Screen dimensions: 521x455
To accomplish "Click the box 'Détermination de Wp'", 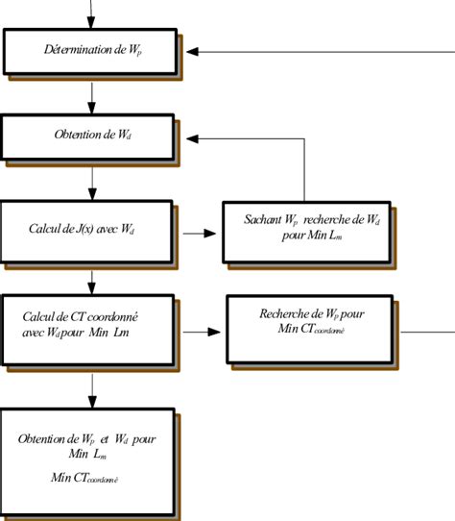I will (91, 50).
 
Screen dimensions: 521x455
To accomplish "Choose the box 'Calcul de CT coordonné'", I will (91, 326).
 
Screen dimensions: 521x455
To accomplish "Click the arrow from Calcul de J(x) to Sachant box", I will (200, 233).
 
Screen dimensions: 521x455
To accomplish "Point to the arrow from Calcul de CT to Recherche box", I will (203, 332).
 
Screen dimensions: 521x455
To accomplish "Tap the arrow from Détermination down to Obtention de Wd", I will (92, 96).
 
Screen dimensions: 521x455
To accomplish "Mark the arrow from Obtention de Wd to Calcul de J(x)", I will (92, 180).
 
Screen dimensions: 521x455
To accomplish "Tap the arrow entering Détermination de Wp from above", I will (92, 14).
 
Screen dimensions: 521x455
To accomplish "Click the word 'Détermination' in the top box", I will (70, 49).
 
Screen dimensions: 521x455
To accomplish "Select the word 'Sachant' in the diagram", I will (267, 220).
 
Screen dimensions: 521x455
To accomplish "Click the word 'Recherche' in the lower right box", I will (283, 314).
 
